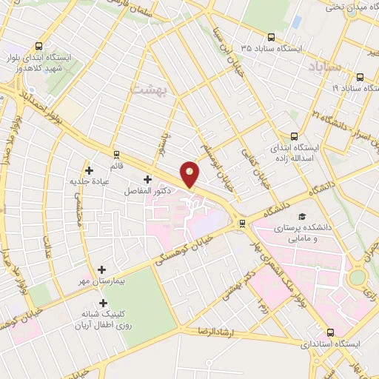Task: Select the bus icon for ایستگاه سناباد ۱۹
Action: point(360,77)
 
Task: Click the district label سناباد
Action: point(322,68)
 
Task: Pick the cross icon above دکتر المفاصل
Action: point(147,179)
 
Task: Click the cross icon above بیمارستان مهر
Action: point(101,270)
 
